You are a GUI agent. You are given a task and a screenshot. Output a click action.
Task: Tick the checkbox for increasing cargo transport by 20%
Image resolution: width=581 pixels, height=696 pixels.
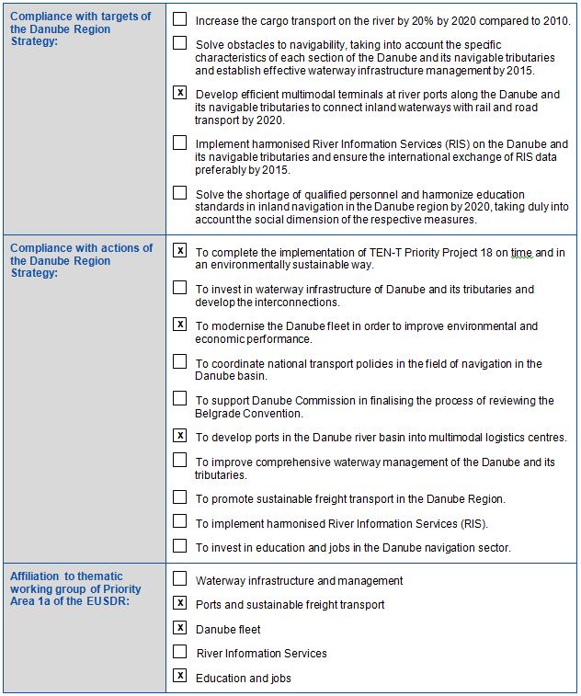(x=180, y=18)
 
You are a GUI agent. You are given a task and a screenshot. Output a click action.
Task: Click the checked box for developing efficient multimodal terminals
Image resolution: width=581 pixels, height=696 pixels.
(x=180, y=93)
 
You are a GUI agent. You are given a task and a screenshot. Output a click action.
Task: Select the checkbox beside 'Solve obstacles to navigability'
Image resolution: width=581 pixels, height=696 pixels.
(x=180, y=43)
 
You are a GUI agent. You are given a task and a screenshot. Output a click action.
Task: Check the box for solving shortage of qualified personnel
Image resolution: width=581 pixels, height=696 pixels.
(x=180, y=193)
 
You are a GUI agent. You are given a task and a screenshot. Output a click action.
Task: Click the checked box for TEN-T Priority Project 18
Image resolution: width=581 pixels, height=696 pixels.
(x=180, y=250)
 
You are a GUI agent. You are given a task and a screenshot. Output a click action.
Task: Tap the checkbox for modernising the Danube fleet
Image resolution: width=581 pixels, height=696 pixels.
(x=180, y=325)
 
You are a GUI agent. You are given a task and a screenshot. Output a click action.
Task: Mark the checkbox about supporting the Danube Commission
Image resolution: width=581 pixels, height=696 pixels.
(x=180, y=399)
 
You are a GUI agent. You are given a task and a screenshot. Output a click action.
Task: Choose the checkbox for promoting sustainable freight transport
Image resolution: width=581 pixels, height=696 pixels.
(x=180, y=497)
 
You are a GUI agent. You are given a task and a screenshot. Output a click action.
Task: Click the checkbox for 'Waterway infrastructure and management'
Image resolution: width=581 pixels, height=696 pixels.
(x=180, y=579)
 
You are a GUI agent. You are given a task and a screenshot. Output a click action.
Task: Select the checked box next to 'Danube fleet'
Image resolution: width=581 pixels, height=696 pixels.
(x=180, y=628)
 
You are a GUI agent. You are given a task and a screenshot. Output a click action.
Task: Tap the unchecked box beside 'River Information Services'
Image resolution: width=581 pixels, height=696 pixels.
(x=180, y=652)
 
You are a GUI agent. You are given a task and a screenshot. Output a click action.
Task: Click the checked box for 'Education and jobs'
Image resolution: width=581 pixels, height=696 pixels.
(x=180, y=677)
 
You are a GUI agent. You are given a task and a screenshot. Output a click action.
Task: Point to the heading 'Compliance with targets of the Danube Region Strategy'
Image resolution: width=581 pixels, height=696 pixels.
(x=81, y=29)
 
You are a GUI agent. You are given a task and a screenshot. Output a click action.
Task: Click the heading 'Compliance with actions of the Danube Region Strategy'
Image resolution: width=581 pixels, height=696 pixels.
(x=81, y=260)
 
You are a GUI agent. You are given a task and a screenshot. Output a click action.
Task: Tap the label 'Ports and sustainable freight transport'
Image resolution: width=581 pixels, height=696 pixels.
(x=290, y=605)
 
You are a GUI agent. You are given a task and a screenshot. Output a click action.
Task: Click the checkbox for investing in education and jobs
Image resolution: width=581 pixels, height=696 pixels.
(x=180, y=546)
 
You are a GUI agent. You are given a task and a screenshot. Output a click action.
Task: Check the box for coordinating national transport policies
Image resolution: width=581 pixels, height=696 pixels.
(x=180, y=361)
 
